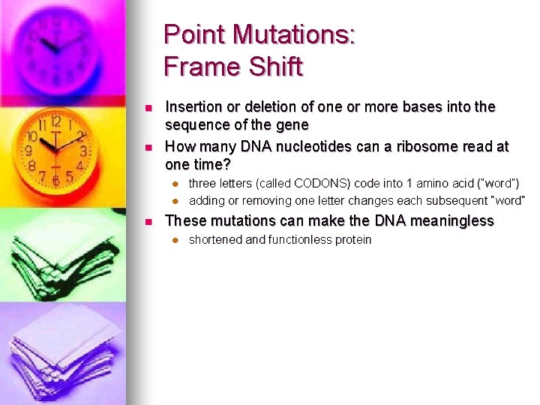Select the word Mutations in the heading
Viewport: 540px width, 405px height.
click(x=293, y=34)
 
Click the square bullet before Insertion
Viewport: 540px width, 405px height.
click(x=149, y=108)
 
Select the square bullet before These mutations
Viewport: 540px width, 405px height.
click(x=149, y=221)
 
